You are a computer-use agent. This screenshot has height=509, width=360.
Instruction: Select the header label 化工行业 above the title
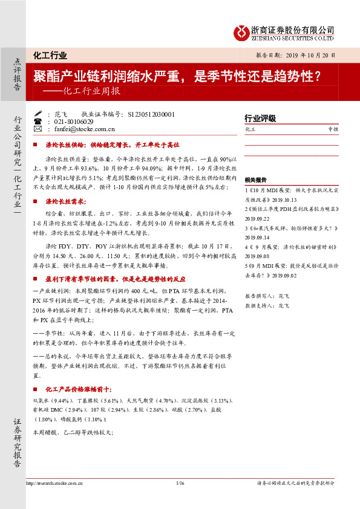coord(50,56)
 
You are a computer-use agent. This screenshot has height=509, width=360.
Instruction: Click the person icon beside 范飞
coord(38,114)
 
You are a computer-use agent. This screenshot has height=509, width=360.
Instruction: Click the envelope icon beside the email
coord(38,129)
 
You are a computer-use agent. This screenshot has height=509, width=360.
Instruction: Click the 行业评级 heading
coord(260,118)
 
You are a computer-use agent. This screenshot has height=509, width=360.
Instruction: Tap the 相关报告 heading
coord(255,180)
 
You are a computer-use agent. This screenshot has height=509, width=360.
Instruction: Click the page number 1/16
coord(180,483)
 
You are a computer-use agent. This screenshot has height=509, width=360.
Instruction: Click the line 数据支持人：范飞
coord(267,306)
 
